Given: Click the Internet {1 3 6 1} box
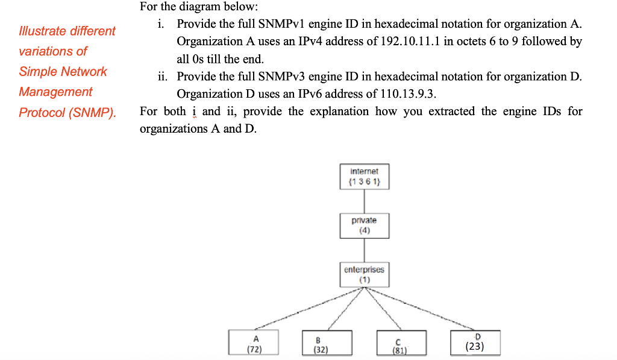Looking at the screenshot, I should (364, 176).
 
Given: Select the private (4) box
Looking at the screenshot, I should (364, 225).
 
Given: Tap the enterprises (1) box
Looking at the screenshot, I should (364, 274).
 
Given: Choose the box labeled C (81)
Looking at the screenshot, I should (401, 343).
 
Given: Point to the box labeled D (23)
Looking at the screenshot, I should (475, 342).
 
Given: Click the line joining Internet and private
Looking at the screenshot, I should (364, 200).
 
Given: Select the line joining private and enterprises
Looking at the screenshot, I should (364, 250).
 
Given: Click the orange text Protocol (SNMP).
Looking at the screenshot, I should (67, 113).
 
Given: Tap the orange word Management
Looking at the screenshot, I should (55, 92).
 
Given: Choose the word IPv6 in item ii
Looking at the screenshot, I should (307, 94).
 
